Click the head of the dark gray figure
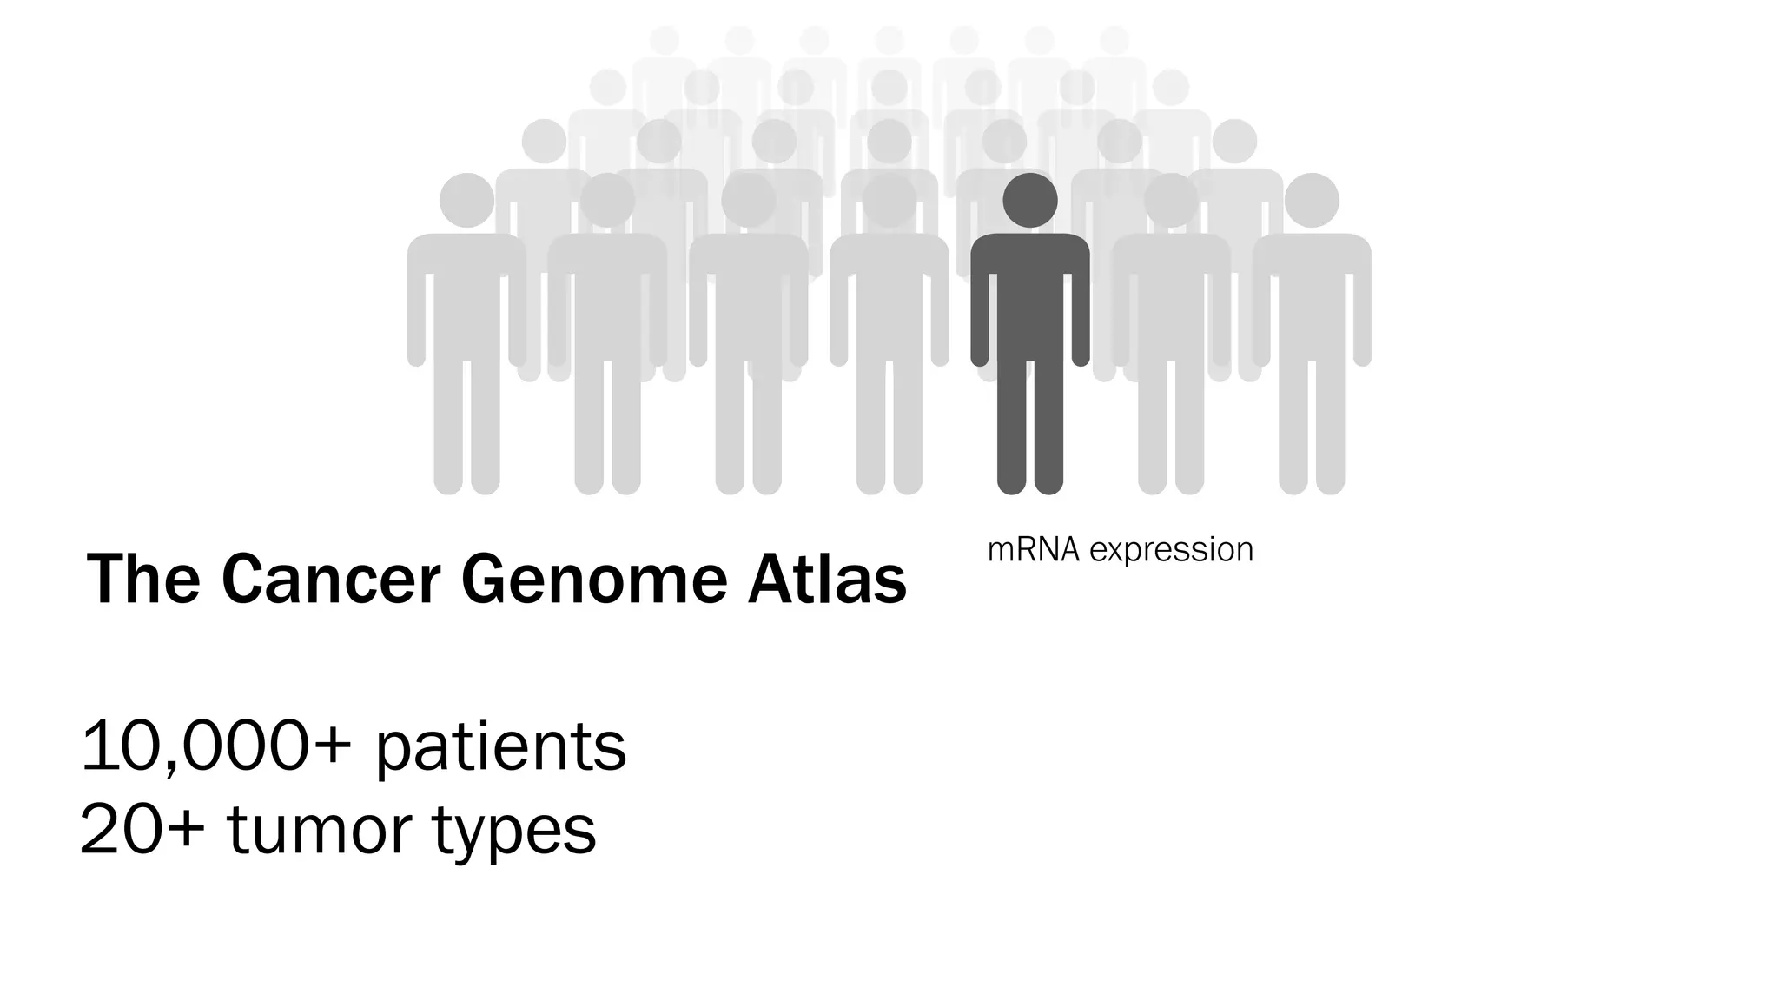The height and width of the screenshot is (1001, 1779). point(1029,200)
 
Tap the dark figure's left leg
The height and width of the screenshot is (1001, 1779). point(1011,426)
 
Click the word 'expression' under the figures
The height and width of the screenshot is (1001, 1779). point(1171,550)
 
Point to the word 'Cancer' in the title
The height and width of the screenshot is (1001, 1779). point(331,580)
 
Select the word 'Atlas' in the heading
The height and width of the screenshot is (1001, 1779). point(827,580)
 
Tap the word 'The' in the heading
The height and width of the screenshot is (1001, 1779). point(143,580)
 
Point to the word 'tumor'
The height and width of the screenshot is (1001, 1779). point(319,829)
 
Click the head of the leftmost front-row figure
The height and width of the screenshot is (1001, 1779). point(466,200)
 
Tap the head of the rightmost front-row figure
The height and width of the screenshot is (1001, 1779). point(1311,200)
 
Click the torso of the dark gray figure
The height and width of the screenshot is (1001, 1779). point(1029,295)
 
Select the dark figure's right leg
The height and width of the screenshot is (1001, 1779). point(1048,426)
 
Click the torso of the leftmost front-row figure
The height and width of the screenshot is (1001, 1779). point(466,295)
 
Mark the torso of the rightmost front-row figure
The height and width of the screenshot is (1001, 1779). point(1311,295)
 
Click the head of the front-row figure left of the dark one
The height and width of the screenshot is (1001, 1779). point(889,200)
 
